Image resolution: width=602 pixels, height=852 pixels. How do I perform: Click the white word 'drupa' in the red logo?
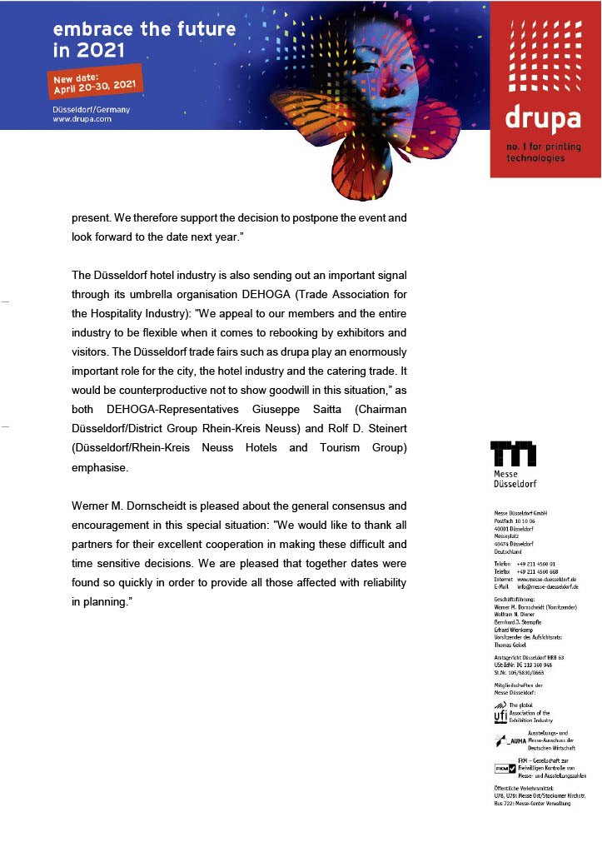pyautogui.click(x=542, y=118)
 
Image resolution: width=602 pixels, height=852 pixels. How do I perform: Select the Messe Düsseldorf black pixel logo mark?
pyautogui.click(x=513, y=453)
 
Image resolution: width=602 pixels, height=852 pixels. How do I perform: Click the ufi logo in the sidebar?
pyautogui.click(x=500, y=713)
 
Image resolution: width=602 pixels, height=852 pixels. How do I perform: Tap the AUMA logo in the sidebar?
pyautogui.click(x=507, y=740)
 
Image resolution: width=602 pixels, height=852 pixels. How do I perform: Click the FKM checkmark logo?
pyautogui.click(x=505, y=768)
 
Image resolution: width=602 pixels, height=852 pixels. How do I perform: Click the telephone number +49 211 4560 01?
pyautogui.click(x=536, y=564)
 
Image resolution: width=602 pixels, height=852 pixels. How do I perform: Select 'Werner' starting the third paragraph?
pyautogui.click(x=91, y=506)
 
